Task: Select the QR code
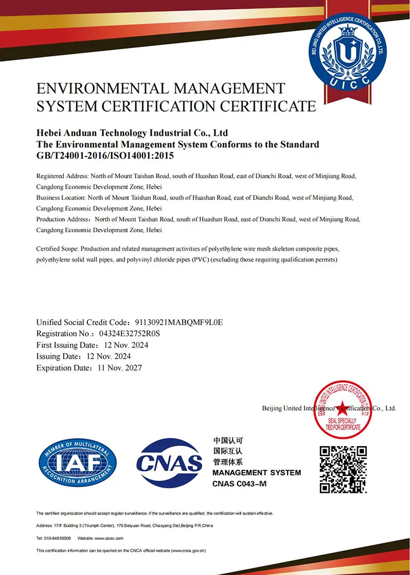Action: click(343, 469)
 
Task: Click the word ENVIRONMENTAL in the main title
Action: click(102, 89)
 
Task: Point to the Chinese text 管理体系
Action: click(227, 462)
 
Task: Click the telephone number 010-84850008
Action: click(58, 538)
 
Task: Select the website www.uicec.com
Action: click(109, 538)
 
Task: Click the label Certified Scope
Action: click(57, 248)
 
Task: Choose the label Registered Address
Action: click(61, 175)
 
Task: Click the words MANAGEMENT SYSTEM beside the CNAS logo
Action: click(256, 473)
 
